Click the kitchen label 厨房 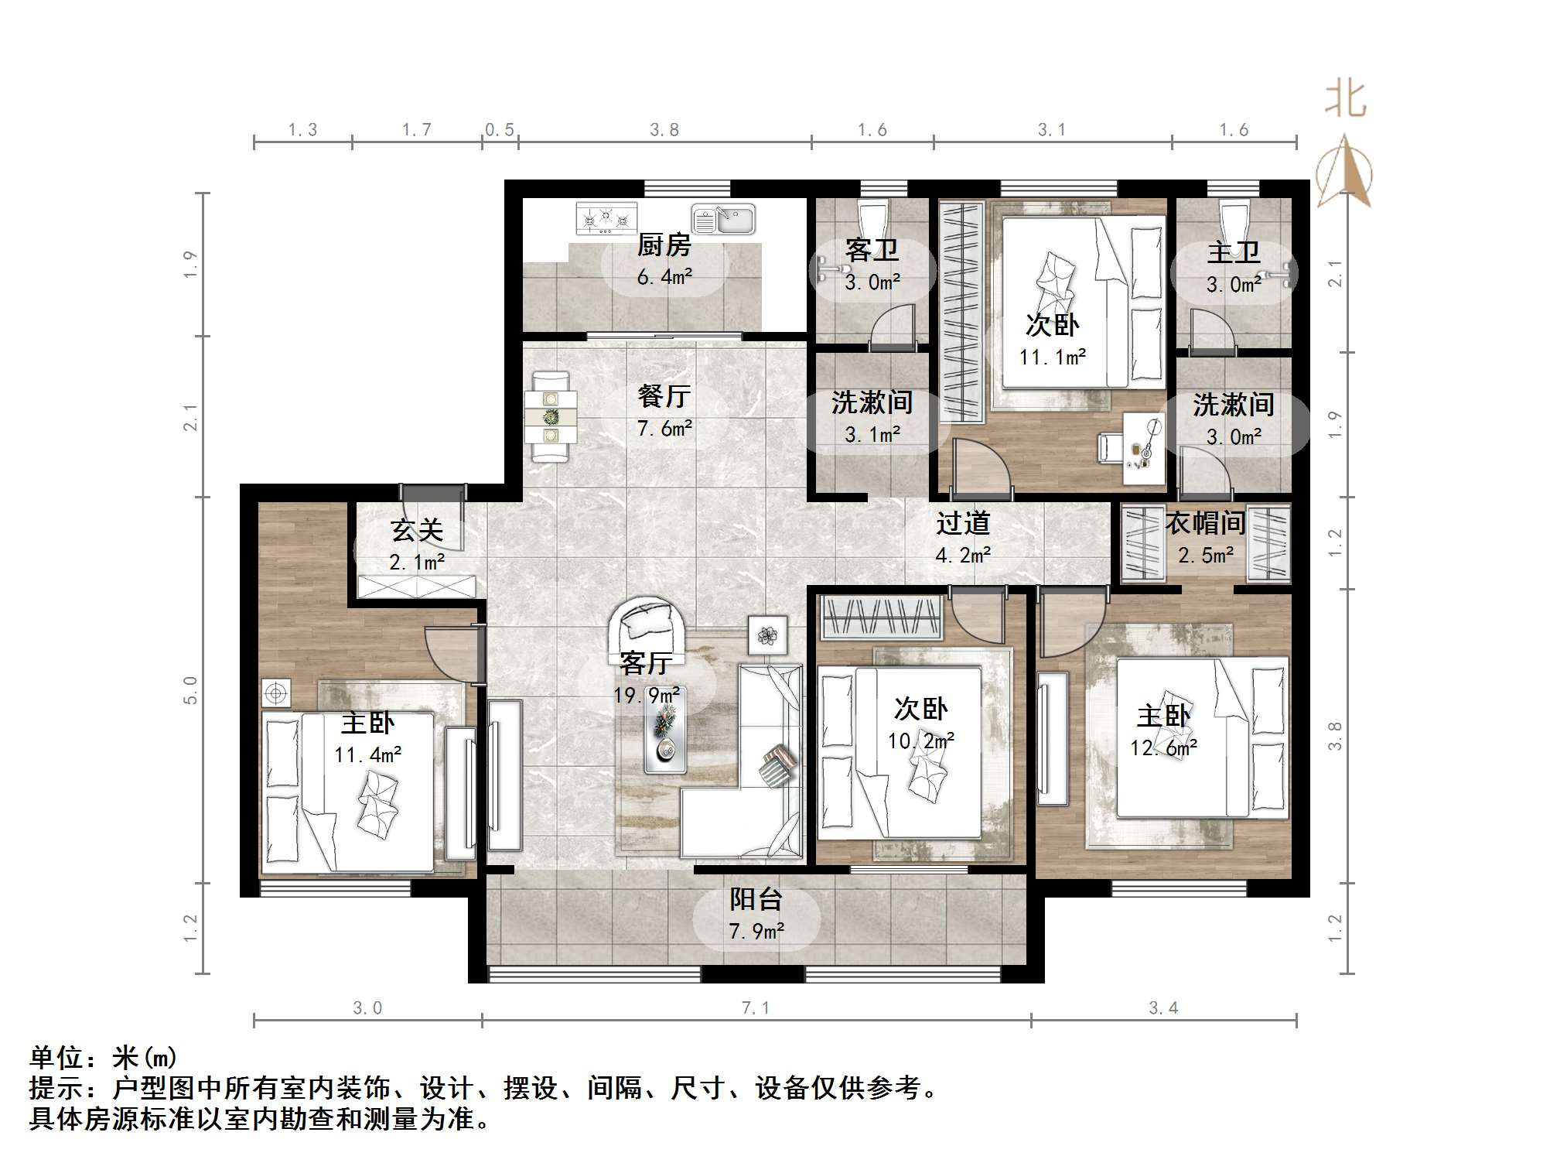point(664,246)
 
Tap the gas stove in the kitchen point(606,218)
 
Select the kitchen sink point(723,219)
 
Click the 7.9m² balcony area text point(756,932)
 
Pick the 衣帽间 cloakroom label point(1205,523)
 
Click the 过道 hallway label point(963,523)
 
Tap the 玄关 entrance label point(417,530)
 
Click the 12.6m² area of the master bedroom point(1163,747)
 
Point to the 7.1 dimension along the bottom point(756,1007)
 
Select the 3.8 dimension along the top point(664,130)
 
